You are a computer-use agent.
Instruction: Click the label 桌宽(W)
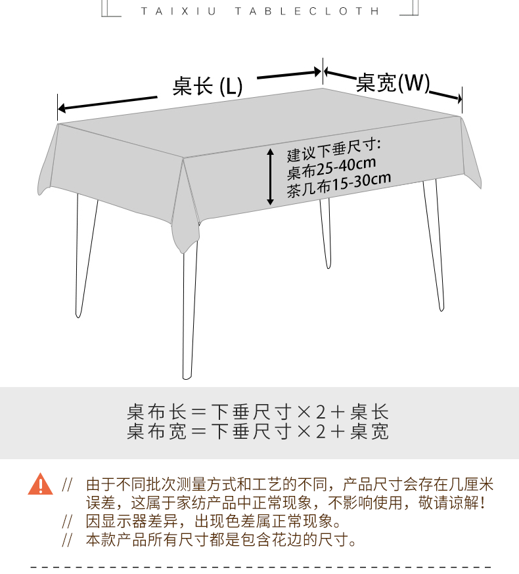point(393,83)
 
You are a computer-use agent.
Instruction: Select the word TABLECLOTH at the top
point(307,11)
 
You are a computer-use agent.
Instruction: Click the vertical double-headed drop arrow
point(270,176)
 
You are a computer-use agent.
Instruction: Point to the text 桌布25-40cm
point(331,169)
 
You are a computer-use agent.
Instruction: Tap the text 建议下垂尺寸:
point(334,151)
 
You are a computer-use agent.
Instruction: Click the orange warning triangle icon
point(41,485)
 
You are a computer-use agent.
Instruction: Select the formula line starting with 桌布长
point(258,413)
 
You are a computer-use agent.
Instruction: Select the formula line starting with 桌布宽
point(258,431)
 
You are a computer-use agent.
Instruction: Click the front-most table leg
point(189,308)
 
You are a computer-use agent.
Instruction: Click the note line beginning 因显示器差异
point(214,522)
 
